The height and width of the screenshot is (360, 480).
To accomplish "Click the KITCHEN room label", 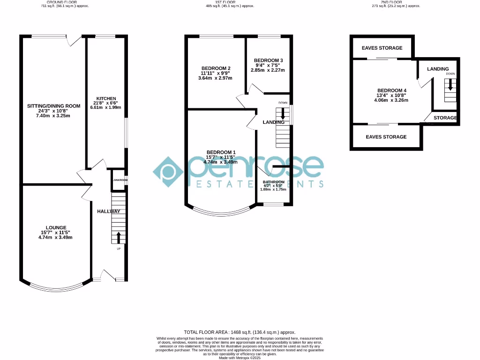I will (106, 98).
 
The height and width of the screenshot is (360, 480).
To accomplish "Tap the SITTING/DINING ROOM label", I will (54, 106).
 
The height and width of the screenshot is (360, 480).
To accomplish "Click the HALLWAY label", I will (109, 211).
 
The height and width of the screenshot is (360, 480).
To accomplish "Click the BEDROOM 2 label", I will (215, 68).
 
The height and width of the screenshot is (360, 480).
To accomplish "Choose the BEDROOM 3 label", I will (268, 60).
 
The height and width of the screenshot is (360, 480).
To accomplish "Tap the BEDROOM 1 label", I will (221, 152).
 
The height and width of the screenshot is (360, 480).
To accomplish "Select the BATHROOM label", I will (274, 182).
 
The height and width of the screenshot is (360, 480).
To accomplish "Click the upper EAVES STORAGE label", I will (382, 48).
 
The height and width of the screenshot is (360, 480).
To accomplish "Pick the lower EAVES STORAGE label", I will (386, 137).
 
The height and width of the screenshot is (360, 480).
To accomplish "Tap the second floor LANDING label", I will (438, 69).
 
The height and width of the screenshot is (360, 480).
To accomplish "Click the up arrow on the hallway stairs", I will (118, 236).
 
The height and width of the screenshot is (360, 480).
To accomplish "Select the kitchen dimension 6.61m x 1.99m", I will (106, 107).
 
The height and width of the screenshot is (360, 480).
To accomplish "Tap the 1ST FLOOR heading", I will (230, 2).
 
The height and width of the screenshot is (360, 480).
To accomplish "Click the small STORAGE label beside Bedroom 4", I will (445, 118).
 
